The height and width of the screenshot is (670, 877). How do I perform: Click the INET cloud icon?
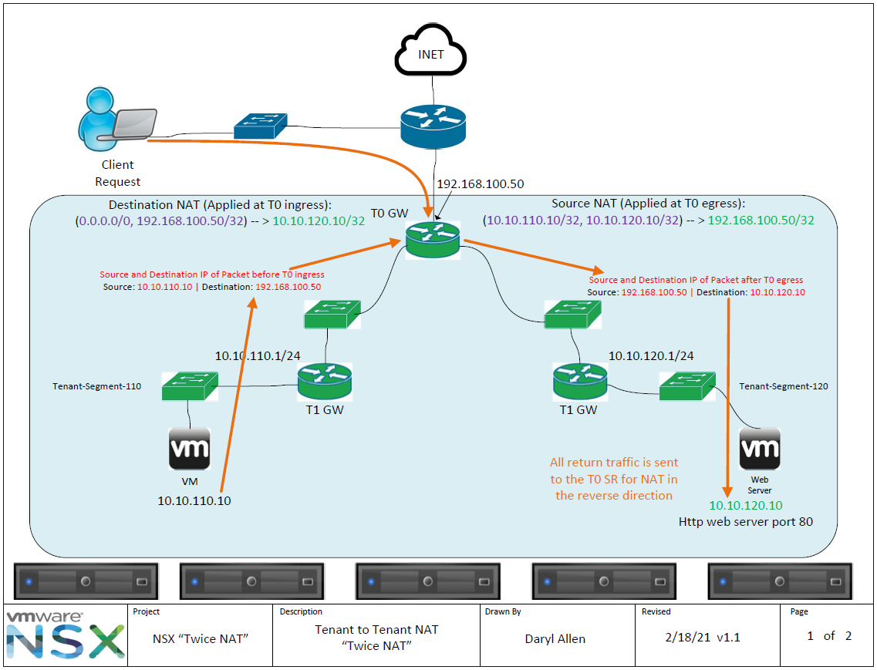[x=430, y=55]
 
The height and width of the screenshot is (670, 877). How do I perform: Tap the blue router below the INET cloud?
[x=433, y=123]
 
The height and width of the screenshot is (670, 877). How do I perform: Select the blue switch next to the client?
[x=261, y=126]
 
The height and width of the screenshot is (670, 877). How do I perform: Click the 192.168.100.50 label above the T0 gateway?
[x=480, y=184]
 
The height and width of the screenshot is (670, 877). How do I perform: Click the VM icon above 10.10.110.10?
[x=190, y=449]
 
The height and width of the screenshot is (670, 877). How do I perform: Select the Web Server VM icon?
[x=759, y=449]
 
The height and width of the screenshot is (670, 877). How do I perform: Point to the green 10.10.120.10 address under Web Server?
[x=745, y=506]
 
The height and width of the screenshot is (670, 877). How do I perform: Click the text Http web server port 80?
[x=745, y=522]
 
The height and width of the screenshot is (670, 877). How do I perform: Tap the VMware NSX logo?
[x=65, y=635]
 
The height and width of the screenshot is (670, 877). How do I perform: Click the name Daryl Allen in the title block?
[x=555, y=638]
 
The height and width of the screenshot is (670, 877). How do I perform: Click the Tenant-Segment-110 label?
[x=96, y=386]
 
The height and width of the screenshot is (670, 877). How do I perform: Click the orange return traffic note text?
[x=614, y=479]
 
